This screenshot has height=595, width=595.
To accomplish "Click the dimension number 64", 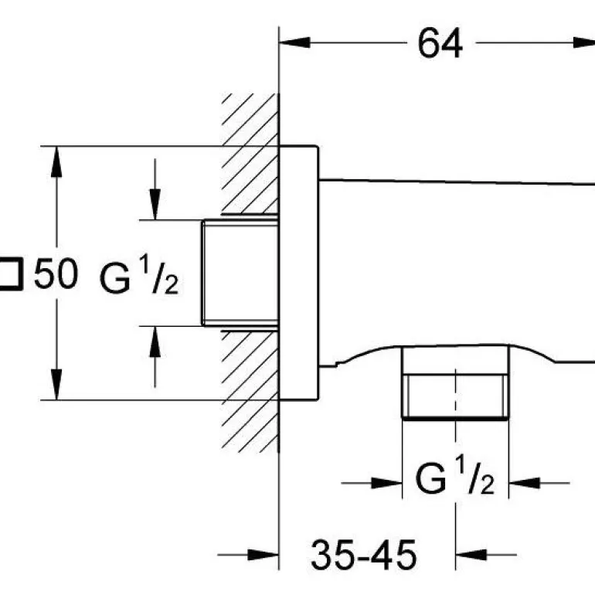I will tap(440, 43).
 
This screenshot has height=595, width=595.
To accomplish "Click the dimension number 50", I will tap(56, 274).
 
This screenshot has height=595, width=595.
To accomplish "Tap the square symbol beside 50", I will tap(10, 274).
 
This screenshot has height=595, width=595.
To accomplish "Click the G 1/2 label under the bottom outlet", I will tap(454, 480).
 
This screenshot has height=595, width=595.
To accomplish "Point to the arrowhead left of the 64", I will tap(295, 43).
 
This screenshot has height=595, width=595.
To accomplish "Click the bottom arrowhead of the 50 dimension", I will tap(56, 386).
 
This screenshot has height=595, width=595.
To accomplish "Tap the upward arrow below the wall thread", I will tap(155, 341).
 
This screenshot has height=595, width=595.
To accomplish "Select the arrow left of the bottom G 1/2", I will tap(386, 483).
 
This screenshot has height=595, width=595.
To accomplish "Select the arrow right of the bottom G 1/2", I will tap(525, 483).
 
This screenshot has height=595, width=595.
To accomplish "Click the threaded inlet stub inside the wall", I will tap(240, 274).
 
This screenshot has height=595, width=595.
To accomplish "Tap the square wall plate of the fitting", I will tap(298, 273).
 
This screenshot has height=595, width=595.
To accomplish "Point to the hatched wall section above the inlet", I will tap(250, 155).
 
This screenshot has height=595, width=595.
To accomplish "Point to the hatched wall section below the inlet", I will tap(250, 386).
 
